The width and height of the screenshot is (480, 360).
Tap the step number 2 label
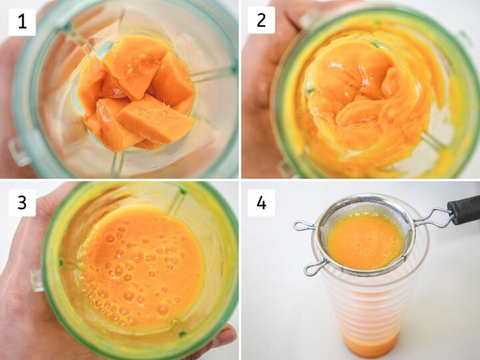tap(261, 21)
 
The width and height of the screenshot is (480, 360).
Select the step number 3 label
tap(22, 202)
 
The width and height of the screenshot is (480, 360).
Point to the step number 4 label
tap(261, 202)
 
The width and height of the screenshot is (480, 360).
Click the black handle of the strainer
tap(464, 209)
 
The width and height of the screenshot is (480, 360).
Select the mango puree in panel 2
tap(360, 93)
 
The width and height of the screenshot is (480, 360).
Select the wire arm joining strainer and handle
tap(433, 217)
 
